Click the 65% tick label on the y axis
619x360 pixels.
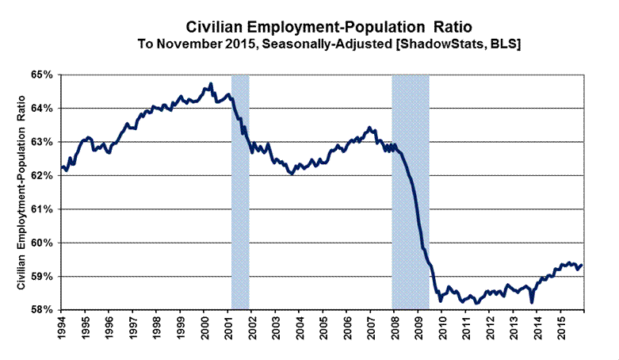tap(41, 75)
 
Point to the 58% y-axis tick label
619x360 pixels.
tap(41, 310)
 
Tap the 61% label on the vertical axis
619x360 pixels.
tap(41, 209)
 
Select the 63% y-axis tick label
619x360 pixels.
tap(41, 142)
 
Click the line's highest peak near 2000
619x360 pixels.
tap(210, 83)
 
